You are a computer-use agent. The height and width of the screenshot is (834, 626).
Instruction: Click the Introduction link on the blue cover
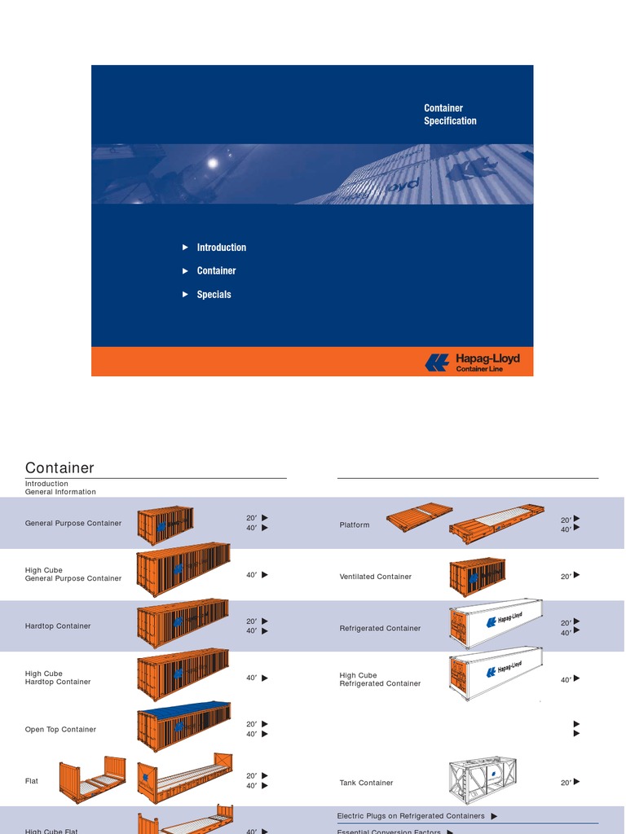point(221,248)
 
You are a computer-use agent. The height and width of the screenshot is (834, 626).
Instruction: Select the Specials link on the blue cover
point(214,295)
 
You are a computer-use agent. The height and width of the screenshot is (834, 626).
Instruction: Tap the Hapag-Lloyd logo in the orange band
point(472,362)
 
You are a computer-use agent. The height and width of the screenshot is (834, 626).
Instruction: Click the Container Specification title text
point(450,114)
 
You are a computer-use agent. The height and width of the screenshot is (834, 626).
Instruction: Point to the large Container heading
point(60,467)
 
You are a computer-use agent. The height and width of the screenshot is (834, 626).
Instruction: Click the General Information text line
point(60,492)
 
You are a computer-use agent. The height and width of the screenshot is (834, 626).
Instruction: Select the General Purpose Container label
point(73,523)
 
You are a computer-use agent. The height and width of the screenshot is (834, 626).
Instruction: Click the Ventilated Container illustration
point(478,577)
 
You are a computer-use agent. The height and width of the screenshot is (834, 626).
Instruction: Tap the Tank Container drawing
point(483,780)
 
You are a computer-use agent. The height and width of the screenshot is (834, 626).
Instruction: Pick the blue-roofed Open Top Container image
point(183,726)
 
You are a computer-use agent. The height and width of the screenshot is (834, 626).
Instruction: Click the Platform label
point(355,525)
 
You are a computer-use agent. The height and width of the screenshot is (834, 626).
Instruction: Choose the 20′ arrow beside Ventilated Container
point(577,575)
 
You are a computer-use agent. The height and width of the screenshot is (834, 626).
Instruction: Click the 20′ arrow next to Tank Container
point(577,782)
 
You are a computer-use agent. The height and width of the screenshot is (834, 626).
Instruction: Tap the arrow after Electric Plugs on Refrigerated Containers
point(495,816)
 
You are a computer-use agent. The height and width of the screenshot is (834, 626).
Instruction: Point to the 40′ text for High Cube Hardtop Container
point(252,678)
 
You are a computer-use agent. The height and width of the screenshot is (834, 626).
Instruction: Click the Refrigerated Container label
point(380,629)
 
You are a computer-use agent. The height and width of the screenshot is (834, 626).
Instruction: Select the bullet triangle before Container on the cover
point(186,271)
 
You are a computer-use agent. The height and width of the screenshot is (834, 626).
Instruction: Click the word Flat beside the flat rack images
point(32,781)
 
